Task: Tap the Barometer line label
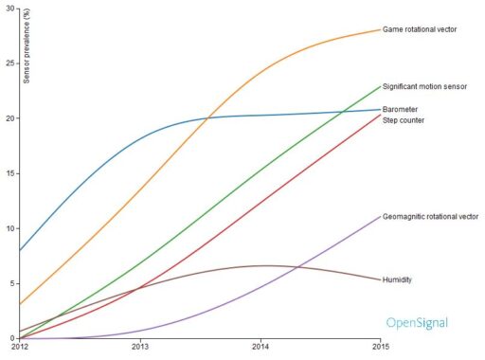click(x=402, y=110)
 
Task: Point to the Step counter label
click(x=404, y=120)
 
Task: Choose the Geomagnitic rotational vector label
click(x=430, y=217)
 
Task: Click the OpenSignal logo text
click(x=417, y=323)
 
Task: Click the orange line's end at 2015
click(x=380, y=29)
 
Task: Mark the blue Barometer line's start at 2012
click(x=20, y=250)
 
